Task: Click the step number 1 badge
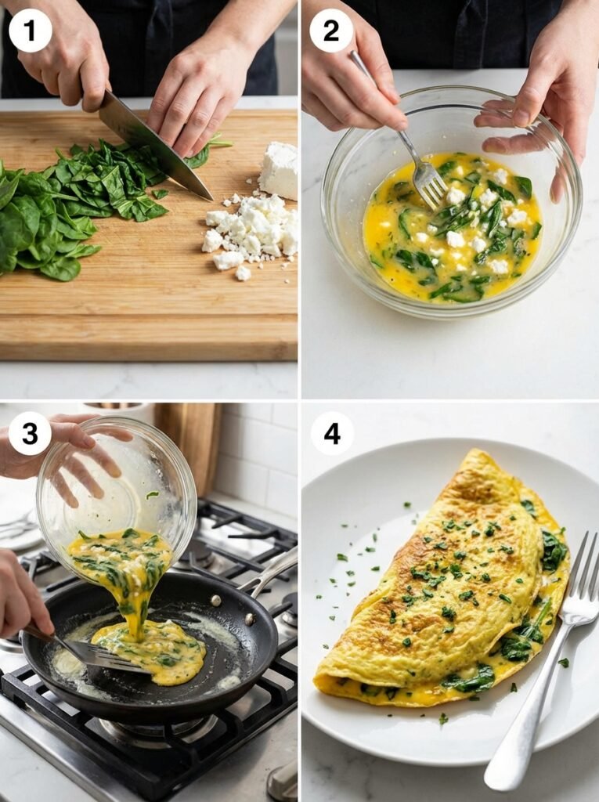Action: tap(30, 31)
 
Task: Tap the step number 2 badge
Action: tap(331, 31)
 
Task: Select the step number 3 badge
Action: tap(30, 433)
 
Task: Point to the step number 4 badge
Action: tap(332, 433)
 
